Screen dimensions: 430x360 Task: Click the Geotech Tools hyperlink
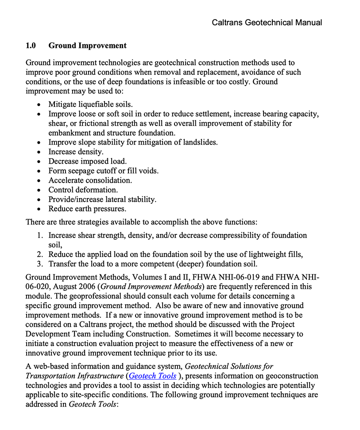[x=152, y=376]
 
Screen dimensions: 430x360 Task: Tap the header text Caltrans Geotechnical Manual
[x=267, y=22]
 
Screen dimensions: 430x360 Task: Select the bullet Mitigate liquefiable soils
[x=90, y=104]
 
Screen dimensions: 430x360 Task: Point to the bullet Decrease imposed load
[x=87, y=161]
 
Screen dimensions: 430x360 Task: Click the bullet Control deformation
[x=83, y=190]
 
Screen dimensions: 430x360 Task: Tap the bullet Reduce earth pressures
[x=87, y=209]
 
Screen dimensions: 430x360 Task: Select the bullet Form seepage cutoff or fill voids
[x=103, y=171]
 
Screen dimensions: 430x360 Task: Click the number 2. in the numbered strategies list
[x=40, y=254]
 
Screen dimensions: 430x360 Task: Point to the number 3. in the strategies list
[x=40, y=264]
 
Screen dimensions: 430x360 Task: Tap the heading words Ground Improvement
[x=87, y=46]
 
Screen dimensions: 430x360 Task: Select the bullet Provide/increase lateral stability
[x=102, y=199]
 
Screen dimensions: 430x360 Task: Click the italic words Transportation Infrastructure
[x=74, y=376]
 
